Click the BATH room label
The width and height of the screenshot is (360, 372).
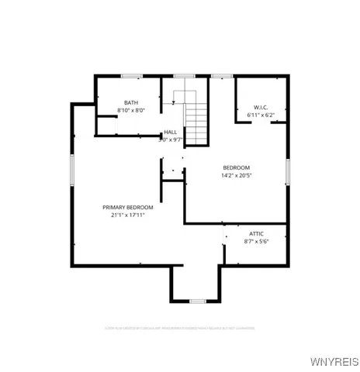[130, 103]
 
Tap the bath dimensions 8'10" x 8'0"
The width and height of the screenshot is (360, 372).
[131, 112]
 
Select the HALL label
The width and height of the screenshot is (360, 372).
[170, 133]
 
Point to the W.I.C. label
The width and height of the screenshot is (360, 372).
[260, 106]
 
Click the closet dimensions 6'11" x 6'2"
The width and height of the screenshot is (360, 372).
[260, 115]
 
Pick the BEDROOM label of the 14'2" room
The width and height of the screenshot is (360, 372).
[237, 167]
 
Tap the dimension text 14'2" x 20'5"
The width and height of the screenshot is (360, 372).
[237, 176]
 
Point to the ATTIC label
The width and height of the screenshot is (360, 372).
[256, 233]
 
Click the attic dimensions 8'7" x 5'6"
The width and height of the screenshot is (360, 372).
[256, 242]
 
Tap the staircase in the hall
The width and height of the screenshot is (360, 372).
[197, 120]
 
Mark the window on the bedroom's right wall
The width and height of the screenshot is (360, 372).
[287, 170]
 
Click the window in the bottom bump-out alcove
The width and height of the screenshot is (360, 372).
[196, 301]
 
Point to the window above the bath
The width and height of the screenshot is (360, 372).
[131, 75]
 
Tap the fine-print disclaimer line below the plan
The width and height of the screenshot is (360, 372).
[180, 329]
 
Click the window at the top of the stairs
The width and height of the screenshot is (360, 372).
[184, 75]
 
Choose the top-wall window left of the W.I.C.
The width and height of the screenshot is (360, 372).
[222, 75]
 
